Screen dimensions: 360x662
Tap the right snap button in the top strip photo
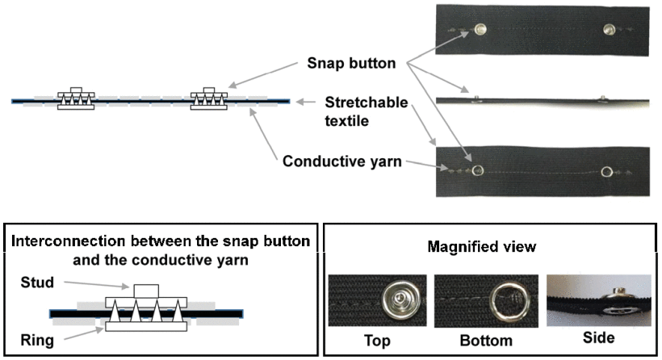[610, 29]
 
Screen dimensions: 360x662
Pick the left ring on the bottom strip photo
[476, 170]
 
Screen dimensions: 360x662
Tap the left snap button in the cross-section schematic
[76, 98]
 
